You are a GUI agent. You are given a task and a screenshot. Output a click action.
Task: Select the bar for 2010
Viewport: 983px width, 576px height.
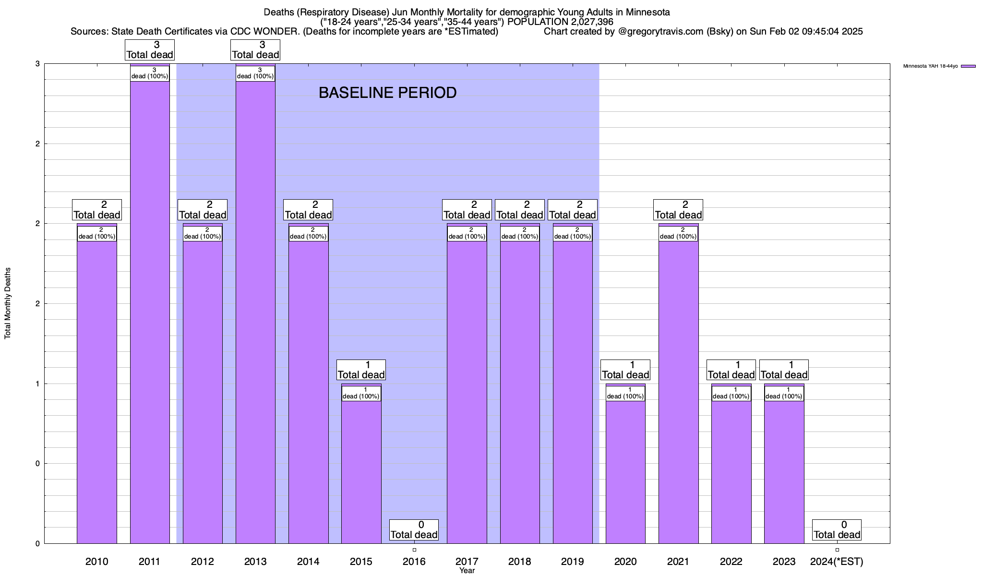tap(97, 384)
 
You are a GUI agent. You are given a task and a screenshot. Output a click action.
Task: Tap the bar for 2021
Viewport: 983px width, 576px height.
tap(678, 384)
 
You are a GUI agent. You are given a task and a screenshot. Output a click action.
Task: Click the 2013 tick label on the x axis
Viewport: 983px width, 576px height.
tap(255, 561)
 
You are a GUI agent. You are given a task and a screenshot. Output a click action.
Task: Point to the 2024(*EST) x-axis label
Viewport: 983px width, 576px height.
tap(837, 561)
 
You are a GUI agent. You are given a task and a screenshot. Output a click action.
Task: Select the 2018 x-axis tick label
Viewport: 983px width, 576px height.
tap(520, 561)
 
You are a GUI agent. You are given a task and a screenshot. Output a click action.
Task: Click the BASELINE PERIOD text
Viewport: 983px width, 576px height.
tap(387, 93)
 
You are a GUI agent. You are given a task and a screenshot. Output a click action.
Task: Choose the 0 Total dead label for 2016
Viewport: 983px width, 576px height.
tap(414, 530)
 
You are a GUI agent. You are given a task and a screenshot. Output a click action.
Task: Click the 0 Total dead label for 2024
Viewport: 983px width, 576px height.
tap(837, 530)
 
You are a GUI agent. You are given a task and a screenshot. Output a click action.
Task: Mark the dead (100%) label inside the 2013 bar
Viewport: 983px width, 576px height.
tap(255, 73)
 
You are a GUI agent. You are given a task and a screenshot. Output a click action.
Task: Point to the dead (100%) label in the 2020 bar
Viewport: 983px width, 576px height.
tap(625, 393)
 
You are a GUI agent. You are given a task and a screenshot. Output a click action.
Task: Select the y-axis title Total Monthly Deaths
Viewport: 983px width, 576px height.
tap(8, 303)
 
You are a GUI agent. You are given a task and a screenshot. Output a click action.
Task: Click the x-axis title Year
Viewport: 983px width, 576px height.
tap(467, 571)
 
